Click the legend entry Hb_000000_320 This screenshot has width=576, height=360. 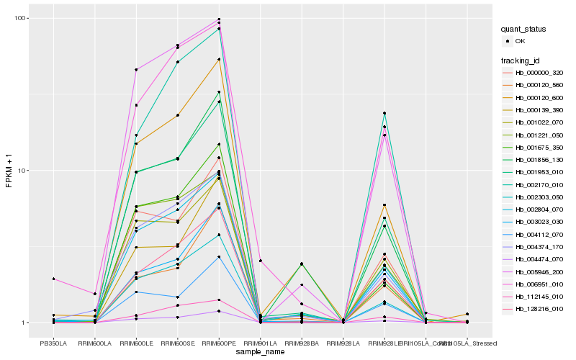click(534, 73)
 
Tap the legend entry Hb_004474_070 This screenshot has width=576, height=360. click(534, 259)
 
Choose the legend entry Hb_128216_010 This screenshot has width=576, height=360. click(534, 309)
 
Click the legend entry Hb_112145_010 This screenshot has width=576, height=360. click(534, 297)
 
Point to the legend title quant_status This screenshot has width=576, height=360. click(525, 29)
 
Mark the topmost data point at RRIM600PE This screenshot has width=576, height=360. click(219, 19)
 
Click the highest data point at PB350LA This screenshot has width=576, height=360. click(53, 279)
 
